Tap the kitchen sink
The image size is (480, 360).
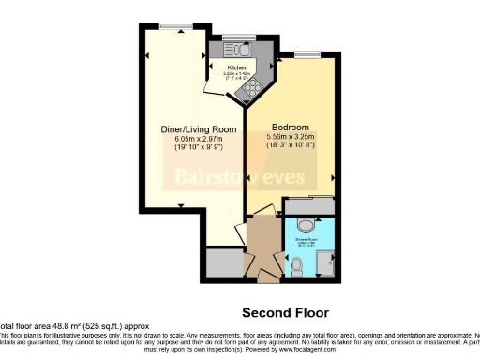240,49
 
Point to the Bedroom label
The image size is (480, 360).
291,127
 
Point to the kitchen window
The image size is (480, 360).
235,37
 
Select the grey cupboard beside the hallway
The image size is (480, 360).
223,262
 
